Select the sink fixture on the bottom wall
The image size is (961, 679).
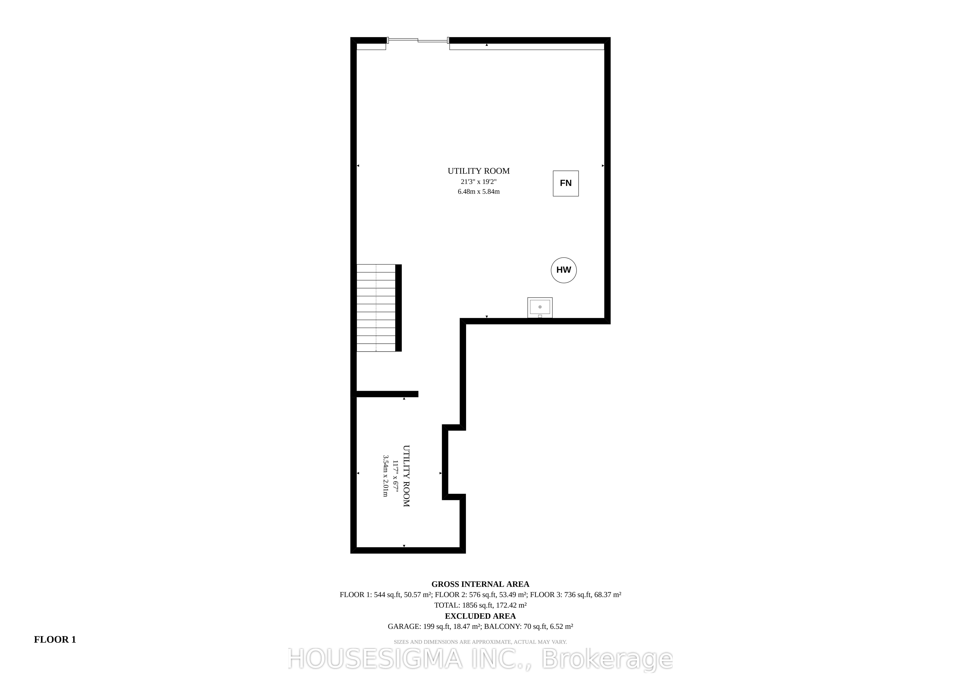pos(540,307)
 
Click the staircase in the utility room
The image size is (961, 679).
pos(376,308)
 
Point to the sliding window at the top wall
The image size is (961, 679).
pos(418,40)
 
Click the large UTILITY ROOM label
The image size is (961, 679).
pos(478,171)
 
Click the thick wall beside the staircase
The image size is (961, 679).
pos(398,308)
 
